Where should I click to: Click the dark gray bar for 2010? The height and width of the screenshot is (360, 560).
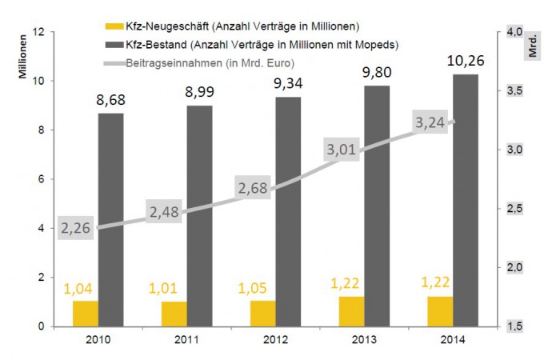pyautogui.click(x=111, y=219)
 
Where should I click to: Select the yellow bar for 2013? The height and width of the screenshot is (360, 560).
pyautogui.click(x=351, y=311)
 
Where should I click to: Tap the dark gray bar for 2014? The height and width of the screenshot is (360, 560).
pyautogui.click(x=464, y=200)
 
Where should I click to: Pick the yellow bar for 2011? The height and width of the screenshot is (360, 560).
pyautogui.click(x=174, y=314)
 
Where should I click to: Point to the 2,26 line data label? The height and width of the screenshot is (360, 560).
pyautogui.click(x=76, y=228)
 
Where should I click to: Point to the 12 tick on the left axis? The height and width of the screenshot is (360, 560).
pyautogui.click(x=37, y=32)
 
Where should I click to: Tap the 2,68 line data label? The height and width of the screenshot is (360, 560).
pyautogui.click(x=254, y=189)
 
